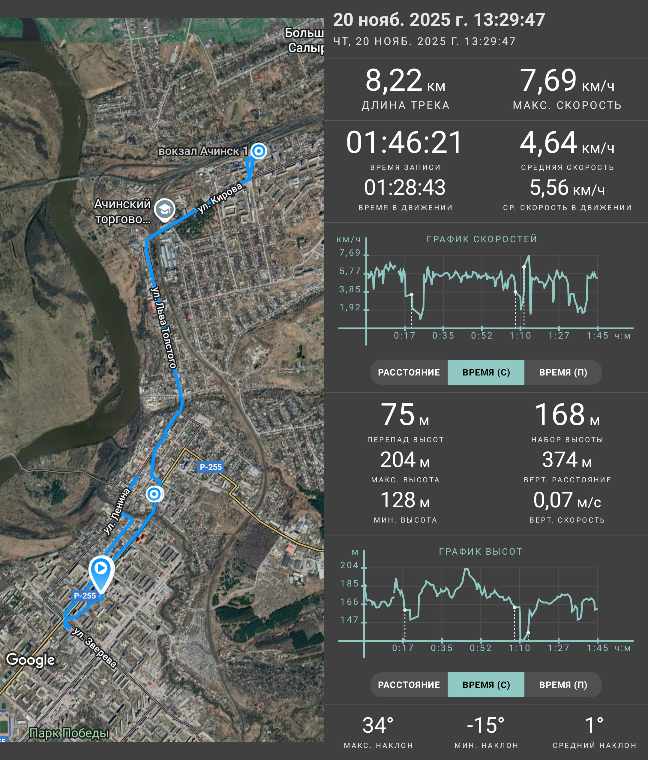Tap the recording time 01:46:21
[x=405, y=142]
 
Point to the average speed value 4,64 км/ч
[x=567, y=142]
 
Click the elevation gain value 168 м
[x=567, y=415]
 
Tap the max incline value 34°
[x=378, y=725]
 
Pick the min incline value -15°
[x=486, y=725]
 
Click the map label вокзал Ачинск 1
[x=203, y=151]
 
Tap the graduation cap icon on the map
[x=165, y=210]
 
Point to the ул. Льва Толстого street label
[x=164, y=327]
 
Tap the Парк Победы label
[x=69, y=733]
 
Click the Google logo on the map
[x=30, y=659]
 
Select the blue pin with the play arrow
[x=101, y=573]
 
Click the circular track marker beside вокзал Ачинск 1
[x=259, y=151]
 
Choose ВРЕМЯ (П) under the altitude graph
[x=563, y=685]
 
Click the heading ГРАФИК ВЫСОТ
[x=481, y=552]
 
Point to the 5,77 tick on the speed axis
[x=350, y=271]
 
